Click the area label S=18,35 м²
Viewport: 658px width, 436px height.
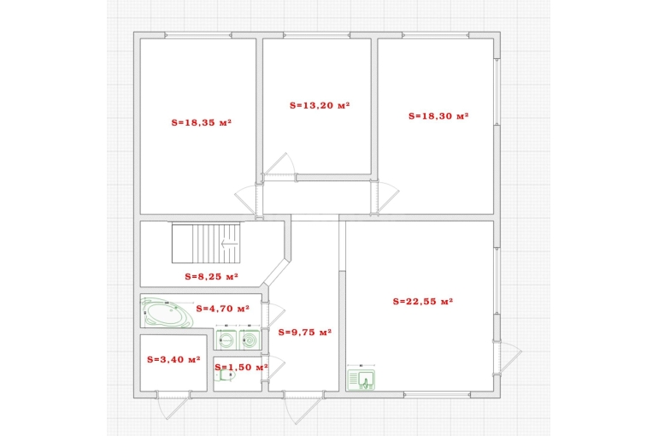tap(202, 122)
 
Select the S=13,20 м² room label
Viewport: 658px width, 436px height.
tap(320, 105)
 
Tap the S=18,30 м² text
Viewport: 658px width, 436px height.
tap(438, 115)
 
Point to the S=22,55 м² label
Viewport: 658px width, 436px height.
tap(423, 301)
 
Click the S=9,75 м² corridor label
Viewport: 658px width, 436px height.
tap(305, 333)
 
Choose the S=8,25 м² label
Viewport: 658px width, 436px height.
tap(212, 276)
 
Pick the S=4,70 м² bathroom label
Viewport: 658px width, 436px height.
tap(223, 309)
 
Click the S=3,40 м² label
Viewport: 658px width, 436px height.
tap(173, 360)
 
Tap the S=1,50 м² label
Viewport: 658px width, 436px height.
tap(241, 367)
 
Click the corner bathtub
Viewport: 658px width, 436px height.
tap(167, 313)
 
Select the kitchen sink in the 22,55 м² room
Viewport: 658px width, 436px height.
tap(361, 380)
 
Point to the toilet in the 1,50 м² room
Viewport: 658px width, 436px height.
tap(226, 375)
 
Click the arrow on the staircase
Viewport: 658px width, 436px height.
tap(230, 244)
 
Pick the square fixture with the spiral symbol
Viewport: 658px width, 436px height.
tap(250, 339)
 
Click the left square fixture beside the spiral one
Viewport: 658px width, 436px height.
tap(226, 339)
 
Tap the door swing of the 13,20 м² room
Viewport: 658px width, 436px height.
tap(278, 167)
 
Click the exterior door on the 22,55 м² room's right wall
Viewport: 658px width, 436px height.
tap(508, 357)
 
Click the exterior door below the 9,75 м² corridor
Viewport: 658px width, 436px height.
tap(303, 406)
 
